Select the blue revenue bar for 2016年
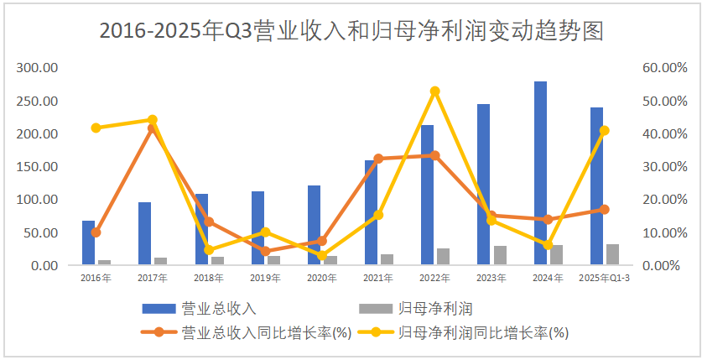click(88, 243)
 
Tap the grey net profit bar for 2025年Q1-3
click(613, 254)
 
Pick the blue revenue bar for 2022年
click(427, 195)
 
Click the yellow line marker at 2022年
click(435, 91)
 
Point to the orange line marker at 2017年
click(152, 128)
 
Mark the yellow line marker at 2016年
click(96, 128)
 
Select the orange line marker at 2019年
click(265, 251)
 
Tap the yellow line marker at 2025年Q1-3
click(605, 130)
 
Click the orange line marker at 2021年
click(378, 159)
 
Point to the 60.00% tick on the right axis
click(664, 68)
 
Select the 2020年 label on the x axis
click(322, 278)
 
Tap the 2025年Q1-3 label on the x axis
click(605, 278)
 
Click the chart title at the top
click(351, 31)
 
